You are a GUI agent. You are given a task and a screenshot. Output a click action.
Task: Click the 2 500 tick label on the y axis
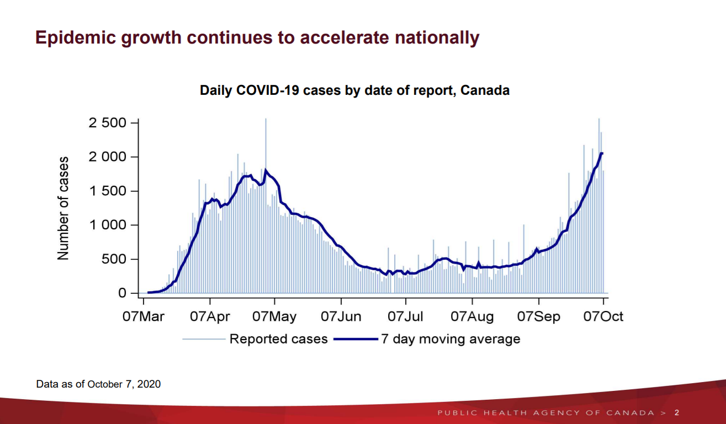tap(107, 122)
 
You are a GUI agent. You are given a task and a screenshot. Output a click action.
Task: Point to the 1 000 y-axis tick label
tap(107, 225)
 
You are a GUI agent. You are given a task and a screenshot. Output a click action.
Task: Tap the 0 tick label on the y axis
tap(123, 293)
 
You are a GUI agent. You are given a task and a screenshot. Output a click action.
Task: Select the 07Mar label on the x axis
tap(144, 316)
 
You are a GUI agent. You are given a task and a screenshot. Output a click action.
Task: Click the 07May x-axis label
tap(274, 316)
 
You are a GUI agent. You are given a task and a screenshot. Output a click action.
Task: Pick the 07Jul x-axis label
tap(406, 316)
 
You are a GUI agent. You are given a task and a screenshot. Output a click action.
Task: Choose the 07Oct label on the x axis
tap(603, 316)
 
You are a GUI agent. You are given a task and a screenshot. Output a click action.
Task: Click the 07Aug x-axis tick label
tap(472, 316)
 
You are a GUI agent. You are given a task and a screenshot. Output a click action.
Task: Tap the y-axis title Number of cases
tap(63, 208)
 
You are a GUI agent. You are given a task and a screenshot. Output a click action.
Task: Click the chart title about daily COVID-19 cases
tap(354, 90)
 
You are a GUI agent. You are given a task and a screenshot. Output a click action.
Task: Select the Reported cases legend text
tap(278, 339)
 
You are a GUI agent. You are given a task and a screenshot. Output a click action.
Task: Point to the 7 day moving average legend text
tap(451, 339)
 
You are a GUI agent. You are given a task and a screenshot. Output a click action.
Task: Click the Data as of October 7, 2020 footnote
tap(98, 384)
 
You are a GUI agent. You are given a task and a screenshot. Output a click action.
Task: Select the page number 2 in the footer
tap(677, 413)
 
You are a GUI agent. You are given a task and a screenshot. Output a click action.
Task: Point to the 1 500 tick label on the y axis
tap(107, 191)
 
